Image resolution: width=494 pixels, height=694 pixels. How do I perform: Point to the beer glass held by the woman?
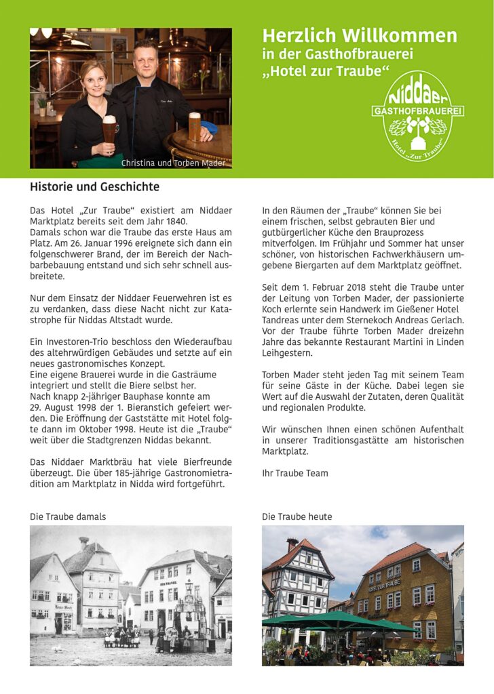109,129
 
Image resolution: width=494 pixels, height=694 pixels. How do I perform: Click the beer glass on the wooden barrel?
195,127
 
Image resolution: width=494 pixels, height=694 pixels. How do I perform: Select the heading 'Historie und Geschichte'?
94,186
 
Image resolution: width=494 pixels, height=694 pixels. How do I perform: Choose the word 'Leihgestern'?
287,353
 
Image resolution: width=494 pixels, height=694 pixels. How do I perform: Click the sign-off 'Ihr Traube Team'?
294,473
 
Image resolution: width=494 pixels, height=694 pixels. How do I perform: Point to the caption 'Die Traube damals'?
68,516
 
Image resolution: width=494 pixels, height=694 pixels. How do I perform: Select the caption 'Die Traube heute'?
297,516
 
